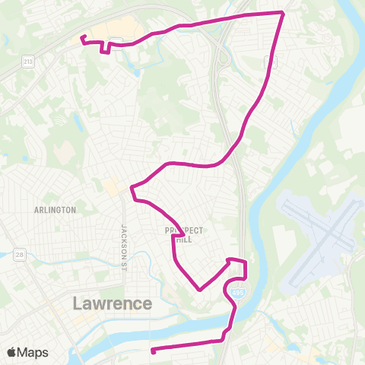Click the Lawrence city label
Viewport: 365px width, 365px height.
point(113,303)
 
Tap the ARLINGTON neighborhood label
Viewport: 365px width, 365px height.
point(55,210)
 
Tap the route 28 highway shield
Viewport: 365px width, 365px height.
point(17,254)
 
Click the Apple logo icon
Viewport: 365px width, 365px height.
point(11,352)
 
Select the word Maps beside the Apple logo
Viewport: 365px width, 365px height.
point(33,352)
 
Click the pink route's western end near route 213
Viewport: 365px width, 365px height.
point(81,36)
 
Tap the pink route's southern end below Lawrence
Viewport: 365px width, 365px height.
point(153,351)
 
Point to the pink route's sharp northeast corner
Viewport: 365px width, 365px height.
point(284,13)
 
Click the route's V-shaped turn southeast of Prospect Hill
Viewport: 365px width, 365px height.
point(199,290)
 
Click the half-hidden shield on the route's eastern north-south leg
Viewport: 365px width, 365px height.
point(271,62)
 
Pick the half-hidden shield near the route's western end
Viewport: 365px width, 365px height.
point(116,41)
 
